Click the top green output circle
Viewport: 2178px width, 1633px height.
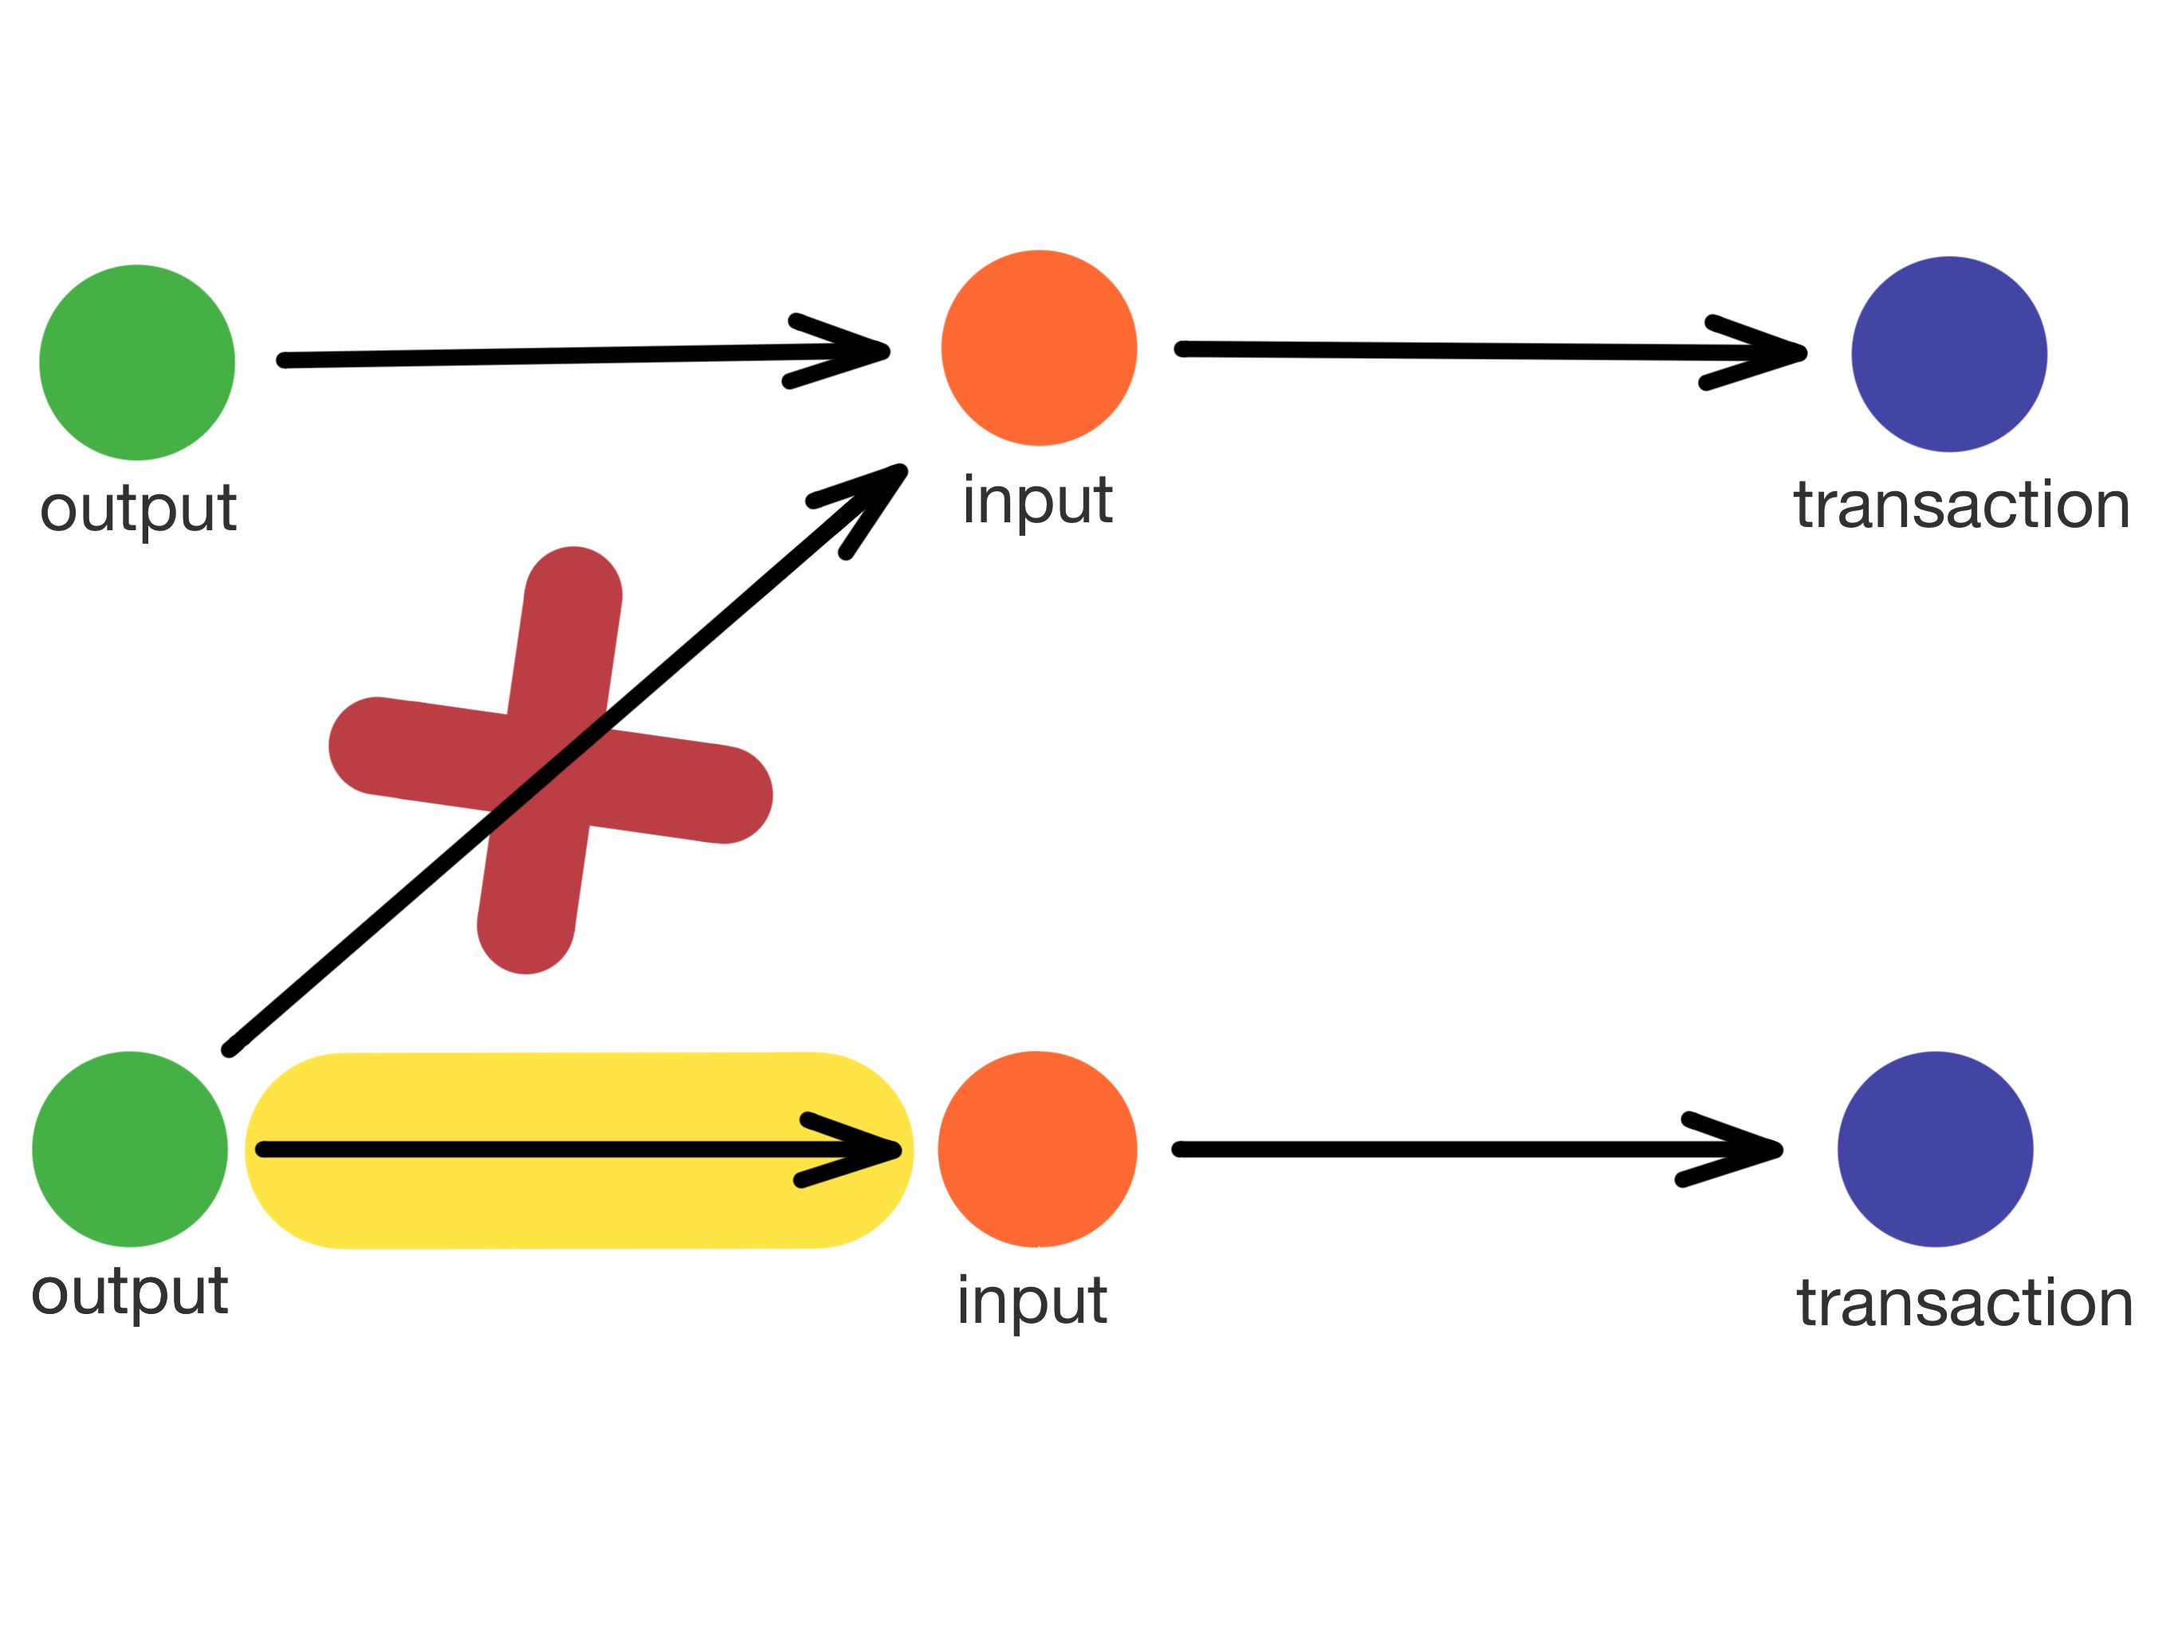[137, 363]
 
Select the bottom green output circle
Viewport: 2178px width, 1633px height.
[130, 1150]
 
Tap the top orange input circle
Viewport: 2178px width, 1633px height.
[1039, 348]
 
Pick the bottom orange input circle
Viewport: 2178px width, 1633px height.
[1037, 1150]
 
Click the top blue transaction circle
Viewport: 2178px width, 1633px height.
[1948, 355]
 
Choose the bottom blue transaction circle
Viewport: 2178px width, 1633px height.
[1935, 1150]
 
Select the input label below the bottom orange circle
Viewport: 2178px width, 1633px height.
[1032, 1301]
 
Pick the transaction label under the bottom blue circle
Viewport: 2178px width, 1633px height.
[1964, 1303]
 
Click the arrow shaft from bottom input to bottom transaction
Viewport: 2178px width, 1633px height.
[1428, 1150]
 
